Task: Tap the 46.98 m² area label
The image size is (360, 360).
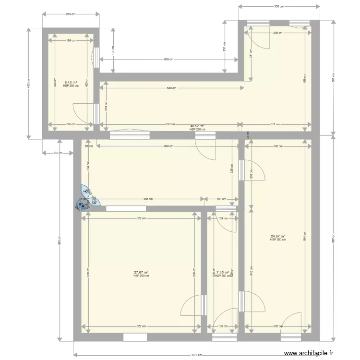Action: pos(197,127)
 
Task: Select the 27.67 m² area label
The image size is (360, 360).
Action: pos(141,273)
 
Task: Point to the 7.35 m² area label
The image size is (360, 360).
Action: pos(223,273)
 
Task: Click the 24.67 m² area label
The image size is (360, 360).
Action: pos(278,236)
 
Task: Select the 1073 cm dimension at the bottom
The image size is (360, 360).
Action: pos(194,355)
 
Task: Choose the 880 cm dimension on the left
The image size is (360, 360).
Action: pos(60,242)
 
